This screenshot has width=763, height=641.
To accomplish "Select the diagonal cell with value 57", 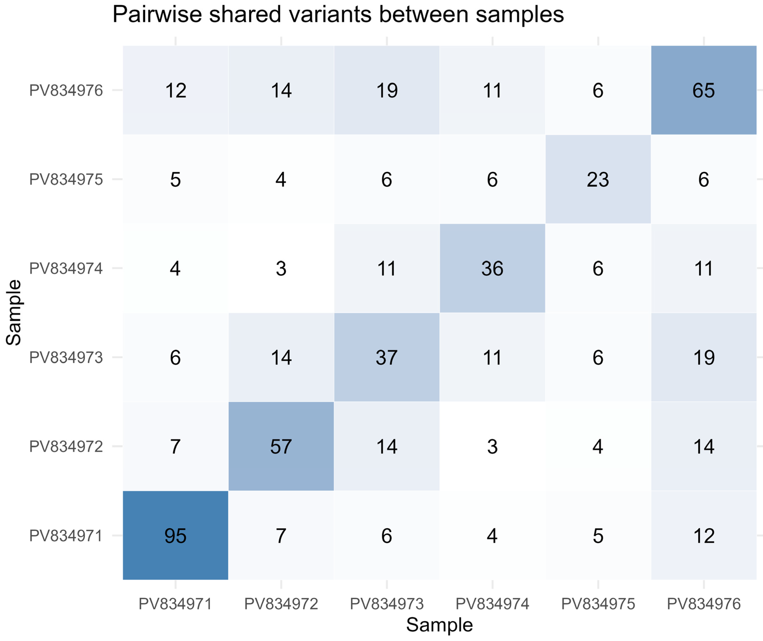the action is click(x=281, y=446).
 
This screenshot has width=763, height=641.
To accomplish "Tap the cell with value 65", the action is click(x=704, y=90).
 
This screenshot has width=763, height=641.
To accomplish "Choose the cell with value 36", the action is click(x=492, y=268).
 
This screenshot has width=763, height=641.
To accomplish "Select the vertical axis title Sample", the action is click(x=14, y=312).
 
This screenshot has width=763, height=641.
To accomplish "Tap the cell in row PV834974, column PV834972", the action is click(x=281, y=268).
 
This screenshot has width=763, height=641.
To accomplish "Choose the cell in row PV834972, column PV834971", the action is click(x=175, y=446).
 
